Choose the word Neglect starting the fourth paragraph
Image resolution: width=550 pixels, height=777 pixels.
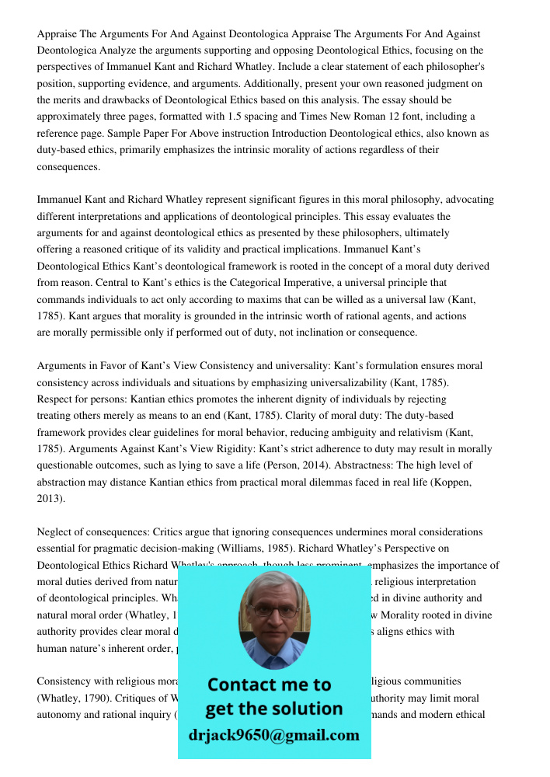click(x=54, y=532)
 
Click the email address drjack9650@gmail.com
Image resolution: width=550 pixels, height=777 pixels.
click(x=273, y=735)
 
